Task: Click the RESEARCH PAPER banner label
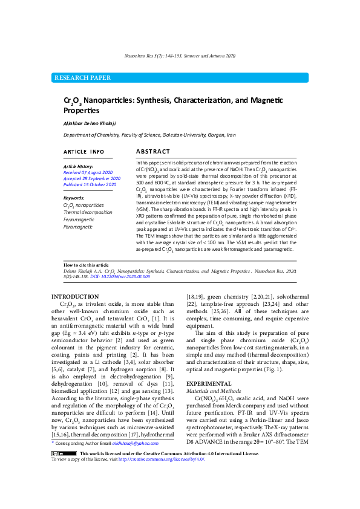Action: click(83, 78)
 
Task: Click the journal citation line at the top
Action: click(180, 56)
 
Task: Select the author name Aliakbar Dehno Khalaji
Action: click(89, 123)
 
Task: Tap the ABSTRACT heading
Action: click(152, 151)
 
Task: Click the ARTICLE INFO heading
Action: click(83, 152)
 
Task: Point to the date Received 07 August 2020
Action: click(87, 172)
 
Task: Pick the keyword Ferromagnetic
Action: click(79, 219)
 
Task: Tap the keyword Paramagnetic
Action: click(79, 226)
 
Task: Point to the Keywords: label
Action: click(74, 198)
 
